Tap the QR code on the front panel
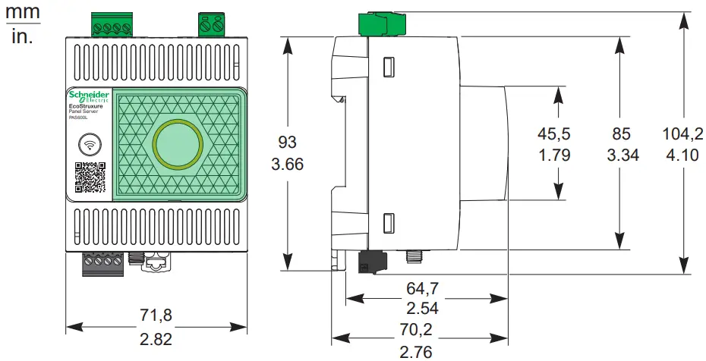(89, 178)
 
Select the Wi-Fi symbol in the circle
(90, 144)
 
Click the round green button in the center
(178, 143)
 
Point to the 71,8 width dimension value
(157, 314)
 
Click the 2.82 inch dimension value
(157, 339)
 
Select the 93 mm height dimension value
(288, 143)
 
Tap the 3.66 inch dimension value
(288, 164)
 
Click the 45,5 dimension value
(554, 134)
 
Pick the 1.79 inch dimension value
(554, 155)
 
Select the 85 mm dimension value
(622, 134)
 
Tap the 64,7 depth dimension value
(423, 288)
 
